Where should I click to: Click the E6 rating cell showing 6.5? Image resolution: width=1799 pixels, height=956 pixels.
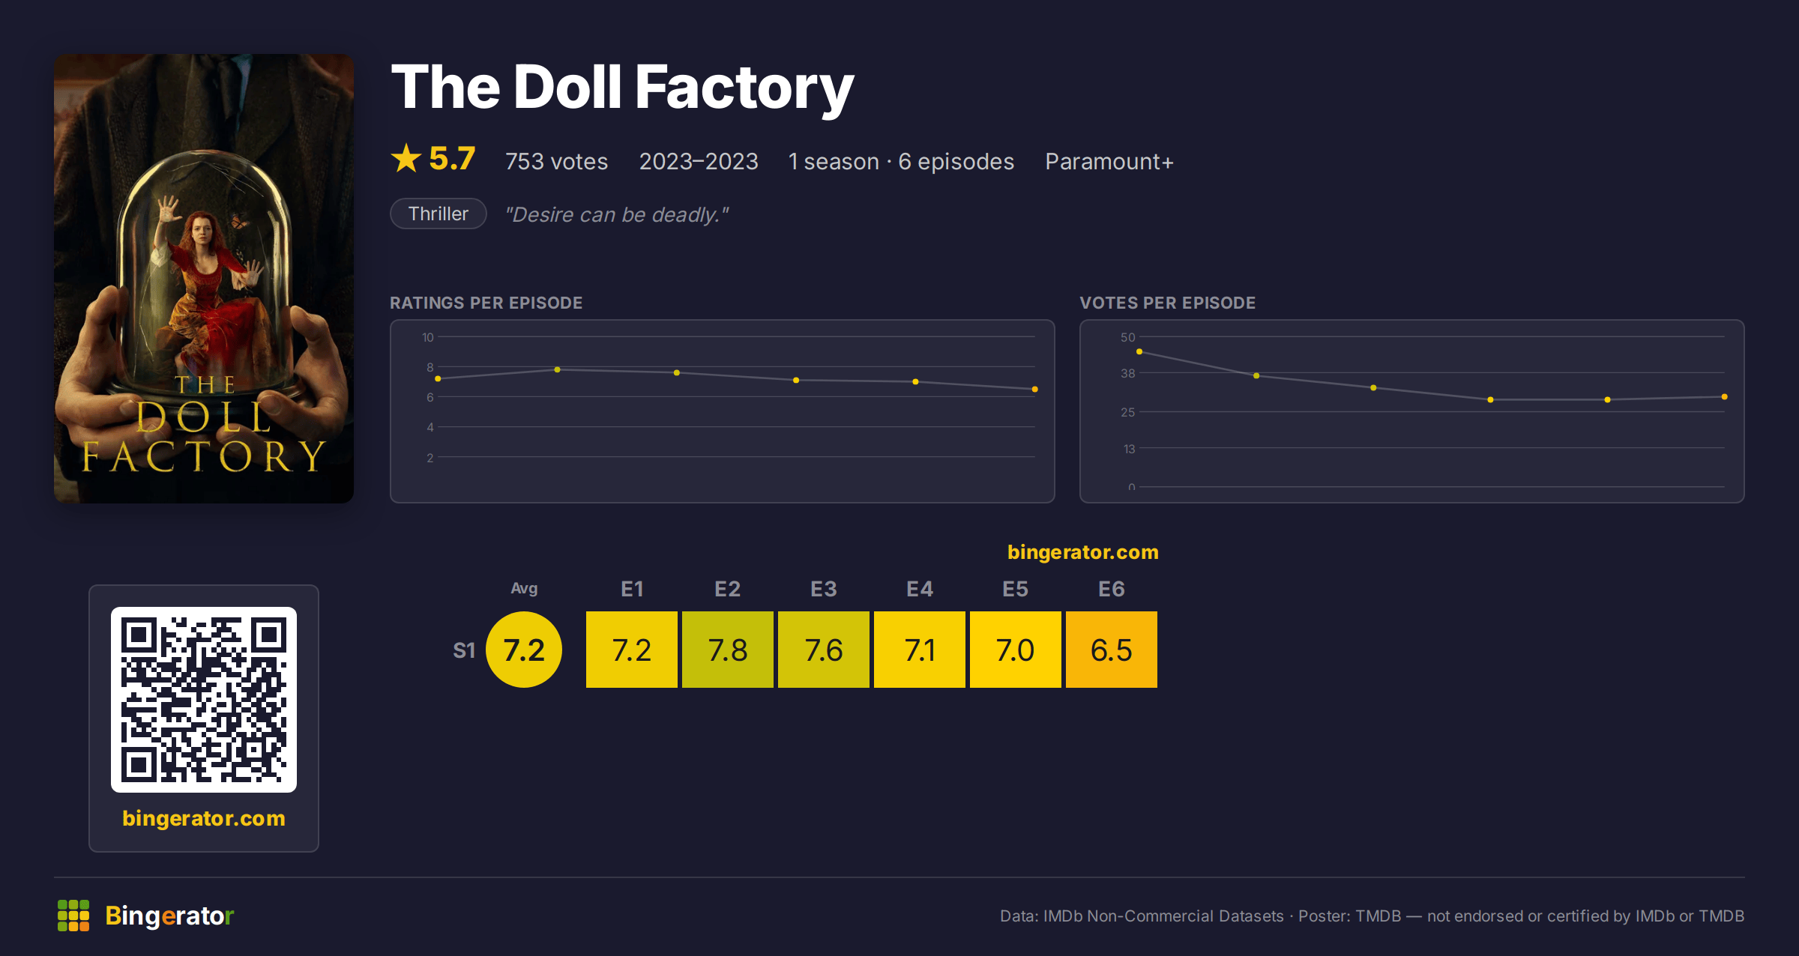(1111, 650)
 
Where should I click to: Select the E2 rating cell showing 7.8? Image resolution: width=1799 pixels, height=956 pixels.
(727, 650)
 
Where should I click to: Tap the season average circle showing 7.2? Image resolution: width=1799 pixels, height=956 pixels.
(524, 650)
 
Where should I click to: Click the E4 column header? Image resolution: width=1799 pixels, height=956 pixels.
(920, 589)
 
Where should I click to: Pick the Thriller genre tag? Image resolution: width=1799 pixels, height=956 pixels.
(439, 214)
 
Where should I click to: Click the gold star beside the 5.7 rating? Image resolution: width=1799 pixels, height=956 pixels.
(406, 158)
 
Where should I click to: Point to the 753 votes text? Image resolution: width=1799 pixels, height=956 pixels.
(556, 161)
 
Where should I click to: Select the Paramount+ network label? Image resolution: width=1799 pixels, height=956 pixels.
(1109, 161)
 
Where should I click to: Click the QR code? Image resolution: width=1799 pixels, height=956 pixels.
(204, 700)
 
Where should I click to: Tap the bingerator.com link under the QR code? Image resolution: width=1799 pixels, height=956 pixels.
(204, 818)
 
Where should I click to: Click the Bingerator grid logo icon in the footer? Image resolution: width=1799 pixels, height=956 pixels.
(73, 916)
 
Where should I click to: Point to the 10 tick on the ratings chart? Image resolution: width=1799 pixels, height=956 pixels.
(427, 337)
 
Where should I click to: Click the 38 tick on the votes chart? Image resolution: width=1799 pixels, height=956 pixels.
(1127, 373)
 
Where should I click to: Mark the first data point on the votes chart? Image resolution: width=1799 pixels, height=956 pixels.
(1139, 351)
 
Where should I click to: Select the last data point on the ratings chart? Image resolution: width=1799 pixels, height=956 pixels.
(1035, 390)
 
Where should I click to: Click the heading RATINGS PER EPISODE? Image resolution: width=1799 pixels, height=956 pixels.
(486, 303)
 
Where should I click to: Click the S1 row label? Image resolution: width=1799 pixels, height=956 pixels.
(464, 650)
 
